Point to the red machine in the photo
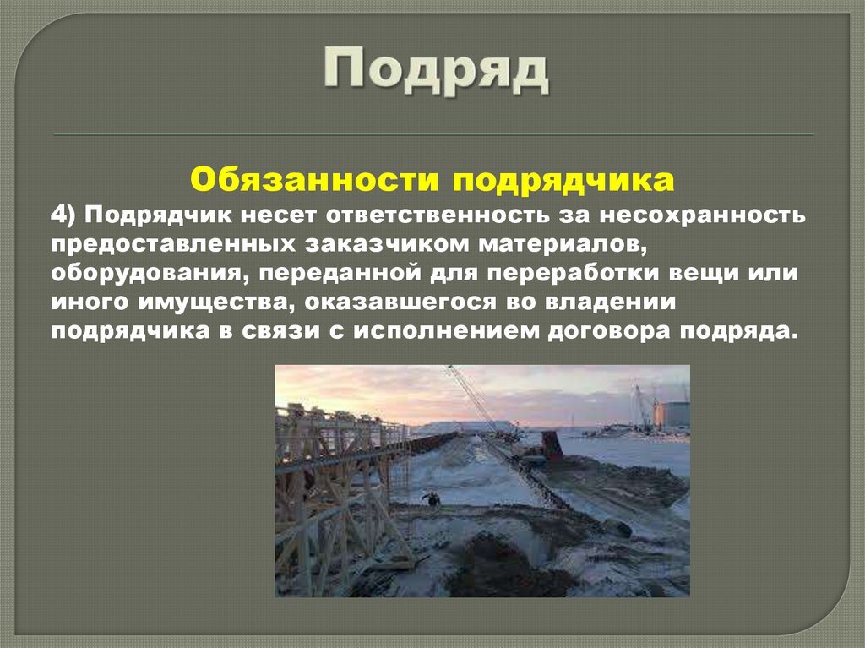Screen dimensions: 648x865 [551, 444]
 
